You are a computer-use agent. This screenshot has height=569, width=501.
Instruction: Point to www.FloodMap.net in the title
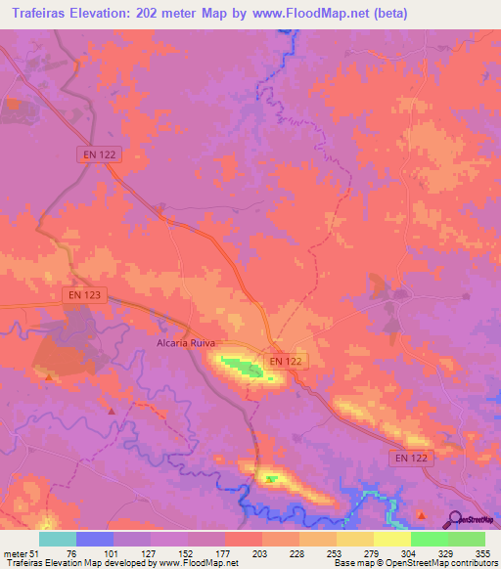[x=299, y=14]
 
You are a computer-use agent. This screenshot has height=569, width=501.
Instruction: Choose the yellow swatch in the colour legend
[x=392, y=539]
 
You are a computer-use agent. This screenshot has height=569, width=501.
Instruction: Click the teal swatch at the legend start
[x=58, y=539]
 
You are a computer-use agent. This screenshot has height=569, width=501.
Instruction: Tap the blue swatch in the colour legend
[x=95, y=539]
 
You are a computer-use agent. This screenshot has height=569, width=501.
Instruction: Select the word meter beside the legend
[x=17, y=552]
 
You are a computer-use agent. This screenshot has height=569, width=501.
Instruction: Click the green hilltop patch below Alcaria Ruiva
[x=240, y=367]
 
